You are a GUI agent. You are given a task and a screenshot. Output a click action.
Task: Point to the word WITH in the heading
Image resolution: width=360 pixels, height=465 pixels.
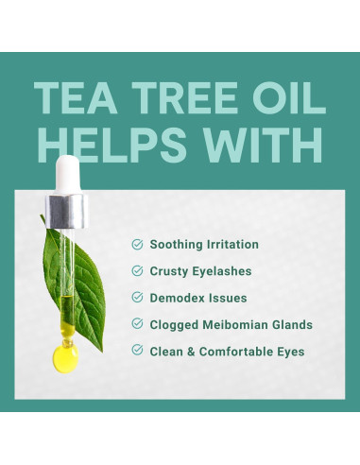(x=264, y=146)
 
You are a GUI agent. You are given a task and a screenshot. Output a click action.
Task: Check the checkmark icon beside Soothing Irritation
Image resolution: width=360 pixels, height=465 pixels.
(x=138, y=244)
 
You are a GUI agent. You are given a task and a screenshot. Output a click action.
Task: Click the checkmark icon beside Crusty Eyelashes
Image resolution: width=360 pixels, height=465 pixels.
(x=138, y=270)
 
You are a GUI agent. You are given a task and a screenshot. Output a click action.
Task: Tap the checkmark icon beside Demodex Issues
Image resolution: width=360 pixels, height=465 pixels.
(x=138, y=298)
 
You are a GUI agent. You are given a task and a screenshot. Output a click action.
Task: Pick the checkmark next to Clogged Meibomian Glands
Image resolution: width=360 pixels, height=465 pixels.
(x=138, y=324)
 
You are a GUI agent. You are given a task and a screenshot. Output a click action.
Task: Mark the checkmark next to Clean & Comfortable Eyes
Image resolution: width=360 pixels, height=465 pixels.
(x=138, y=351)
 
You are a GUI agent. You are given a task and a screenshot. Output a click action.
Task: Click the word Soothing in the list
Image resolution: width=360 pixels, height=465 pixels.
(x=177, y=244)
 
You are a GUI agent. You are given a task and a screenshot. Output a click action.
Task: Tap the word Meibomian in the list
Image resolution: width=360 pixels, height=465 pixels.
(x=239, y=324)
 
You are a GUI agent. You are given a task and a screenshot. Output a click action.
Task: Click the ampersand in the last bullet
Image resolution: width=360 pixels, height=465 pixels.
(x=191, y=351)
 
